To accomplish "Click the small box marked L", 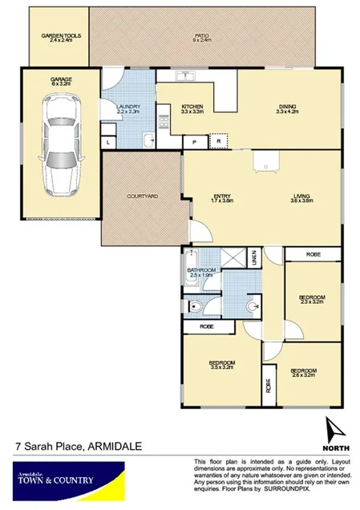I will pyautogui.click(x=108, y=142).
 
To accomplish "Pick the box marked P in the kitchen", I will pyautogui.click(x=194, y=142).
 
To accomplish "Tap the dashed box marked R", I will pyautogui.click(x=218, y=142).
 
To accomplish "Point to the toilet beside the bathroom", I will pyautogui.click(x=195, y=305).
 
